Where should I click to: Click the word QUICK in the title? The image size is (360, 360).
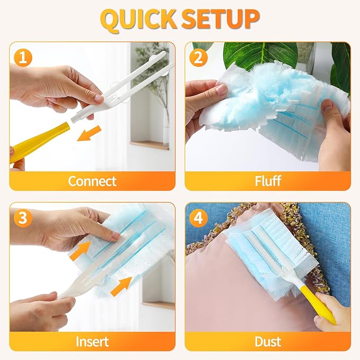(139, 19)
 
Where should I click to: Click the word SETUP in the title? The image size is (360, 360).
(221, 19)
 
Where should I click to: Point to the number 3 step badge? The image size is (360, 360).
(22, 218)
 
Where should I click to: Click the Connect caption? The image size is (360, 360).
(92, 181)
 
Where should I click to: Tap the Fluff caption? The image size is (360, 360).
(268, 181)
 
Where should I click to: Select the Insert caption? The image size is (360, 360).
(92, 341)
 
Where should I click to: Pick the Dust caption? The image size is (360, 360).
(268, 341)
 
